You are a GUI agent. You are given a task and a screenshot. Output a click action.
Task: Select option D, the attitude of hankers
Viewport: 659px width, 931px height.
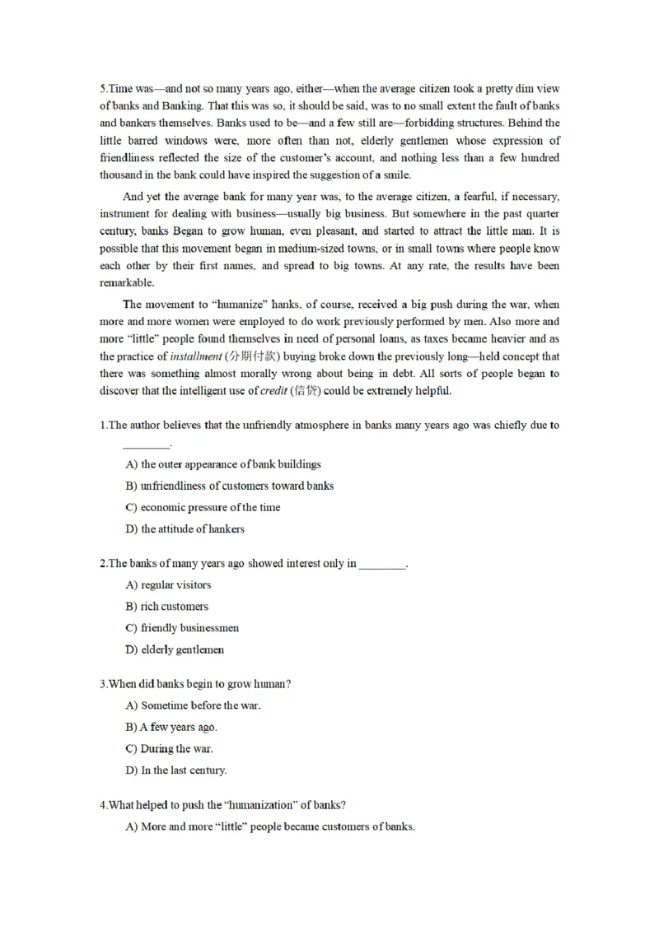[185, 528]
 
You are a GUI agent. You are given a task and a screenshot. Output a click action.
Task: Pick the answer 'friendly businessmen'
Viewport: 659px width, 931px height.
[182, 628]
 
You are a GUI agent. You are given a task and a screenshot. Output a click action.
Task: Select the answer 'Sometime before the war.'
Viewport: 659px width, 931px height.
[193, 705]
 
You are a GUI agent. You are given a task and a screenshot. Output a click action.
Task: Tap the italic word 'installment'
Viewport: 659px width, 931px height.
[195, 356]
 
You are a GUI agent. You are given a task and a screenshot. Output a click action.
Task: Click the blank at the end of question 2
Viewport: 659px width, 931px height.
[383, 564]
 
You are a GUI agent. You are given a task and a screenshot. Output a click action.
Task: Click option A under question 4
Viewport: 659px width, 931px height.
[269, 826]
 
